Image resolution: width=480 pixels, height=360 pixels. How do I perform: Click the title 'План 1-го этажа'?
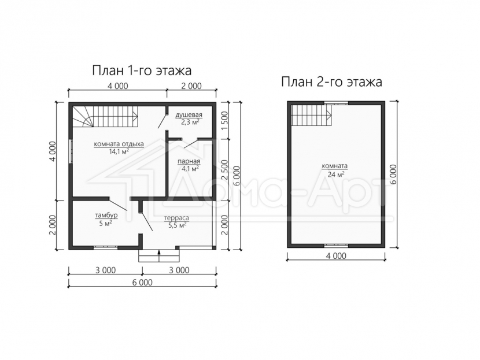click(x=142, y=70)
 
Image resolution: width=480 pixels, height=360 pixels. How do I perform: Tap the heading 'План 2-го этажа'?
click(x=331, y=82)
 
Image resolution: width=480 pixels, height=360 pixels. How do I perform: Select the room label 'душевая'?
click(x=189, y=115)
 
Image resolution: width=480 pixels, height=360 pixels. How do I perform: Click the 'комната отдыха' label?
click(x=119, y=144)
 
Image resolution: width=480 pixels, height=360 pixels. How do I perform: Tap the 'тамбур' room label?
click(x=106, y=216)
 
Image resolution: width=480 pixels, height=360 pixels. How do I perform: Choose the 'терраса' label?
click(x=176, y=218)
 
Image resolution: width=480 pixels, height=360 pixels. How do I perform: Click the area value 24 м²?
click(x=334, y=175)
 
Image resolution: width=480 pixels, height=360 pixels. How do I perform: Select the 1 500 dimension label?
click(x=225, y=121)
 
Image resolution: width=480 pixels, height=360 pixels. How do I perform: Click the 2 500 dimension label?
click(x=225, y=170)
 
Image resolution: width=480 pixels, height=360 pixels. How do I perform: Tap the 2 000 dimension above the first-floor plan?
click(x=191, y=86)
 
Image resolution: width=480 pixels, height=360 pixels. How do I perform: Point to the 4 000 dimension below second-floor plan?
click(x=336, y=255)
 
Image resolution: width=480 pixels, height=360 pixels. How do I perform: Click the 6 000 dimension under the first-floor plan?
click(x=142, y=283)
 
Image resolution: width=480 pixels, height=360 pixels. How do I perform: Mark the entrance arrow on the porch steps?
click(x=159, y=253)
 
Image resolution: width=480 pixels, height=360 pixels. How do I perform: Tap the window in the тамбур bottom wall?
click(x=106, y=247)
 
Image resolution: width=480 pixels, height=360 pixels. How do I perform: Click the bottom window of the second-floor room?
click(x=336, y=246)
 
